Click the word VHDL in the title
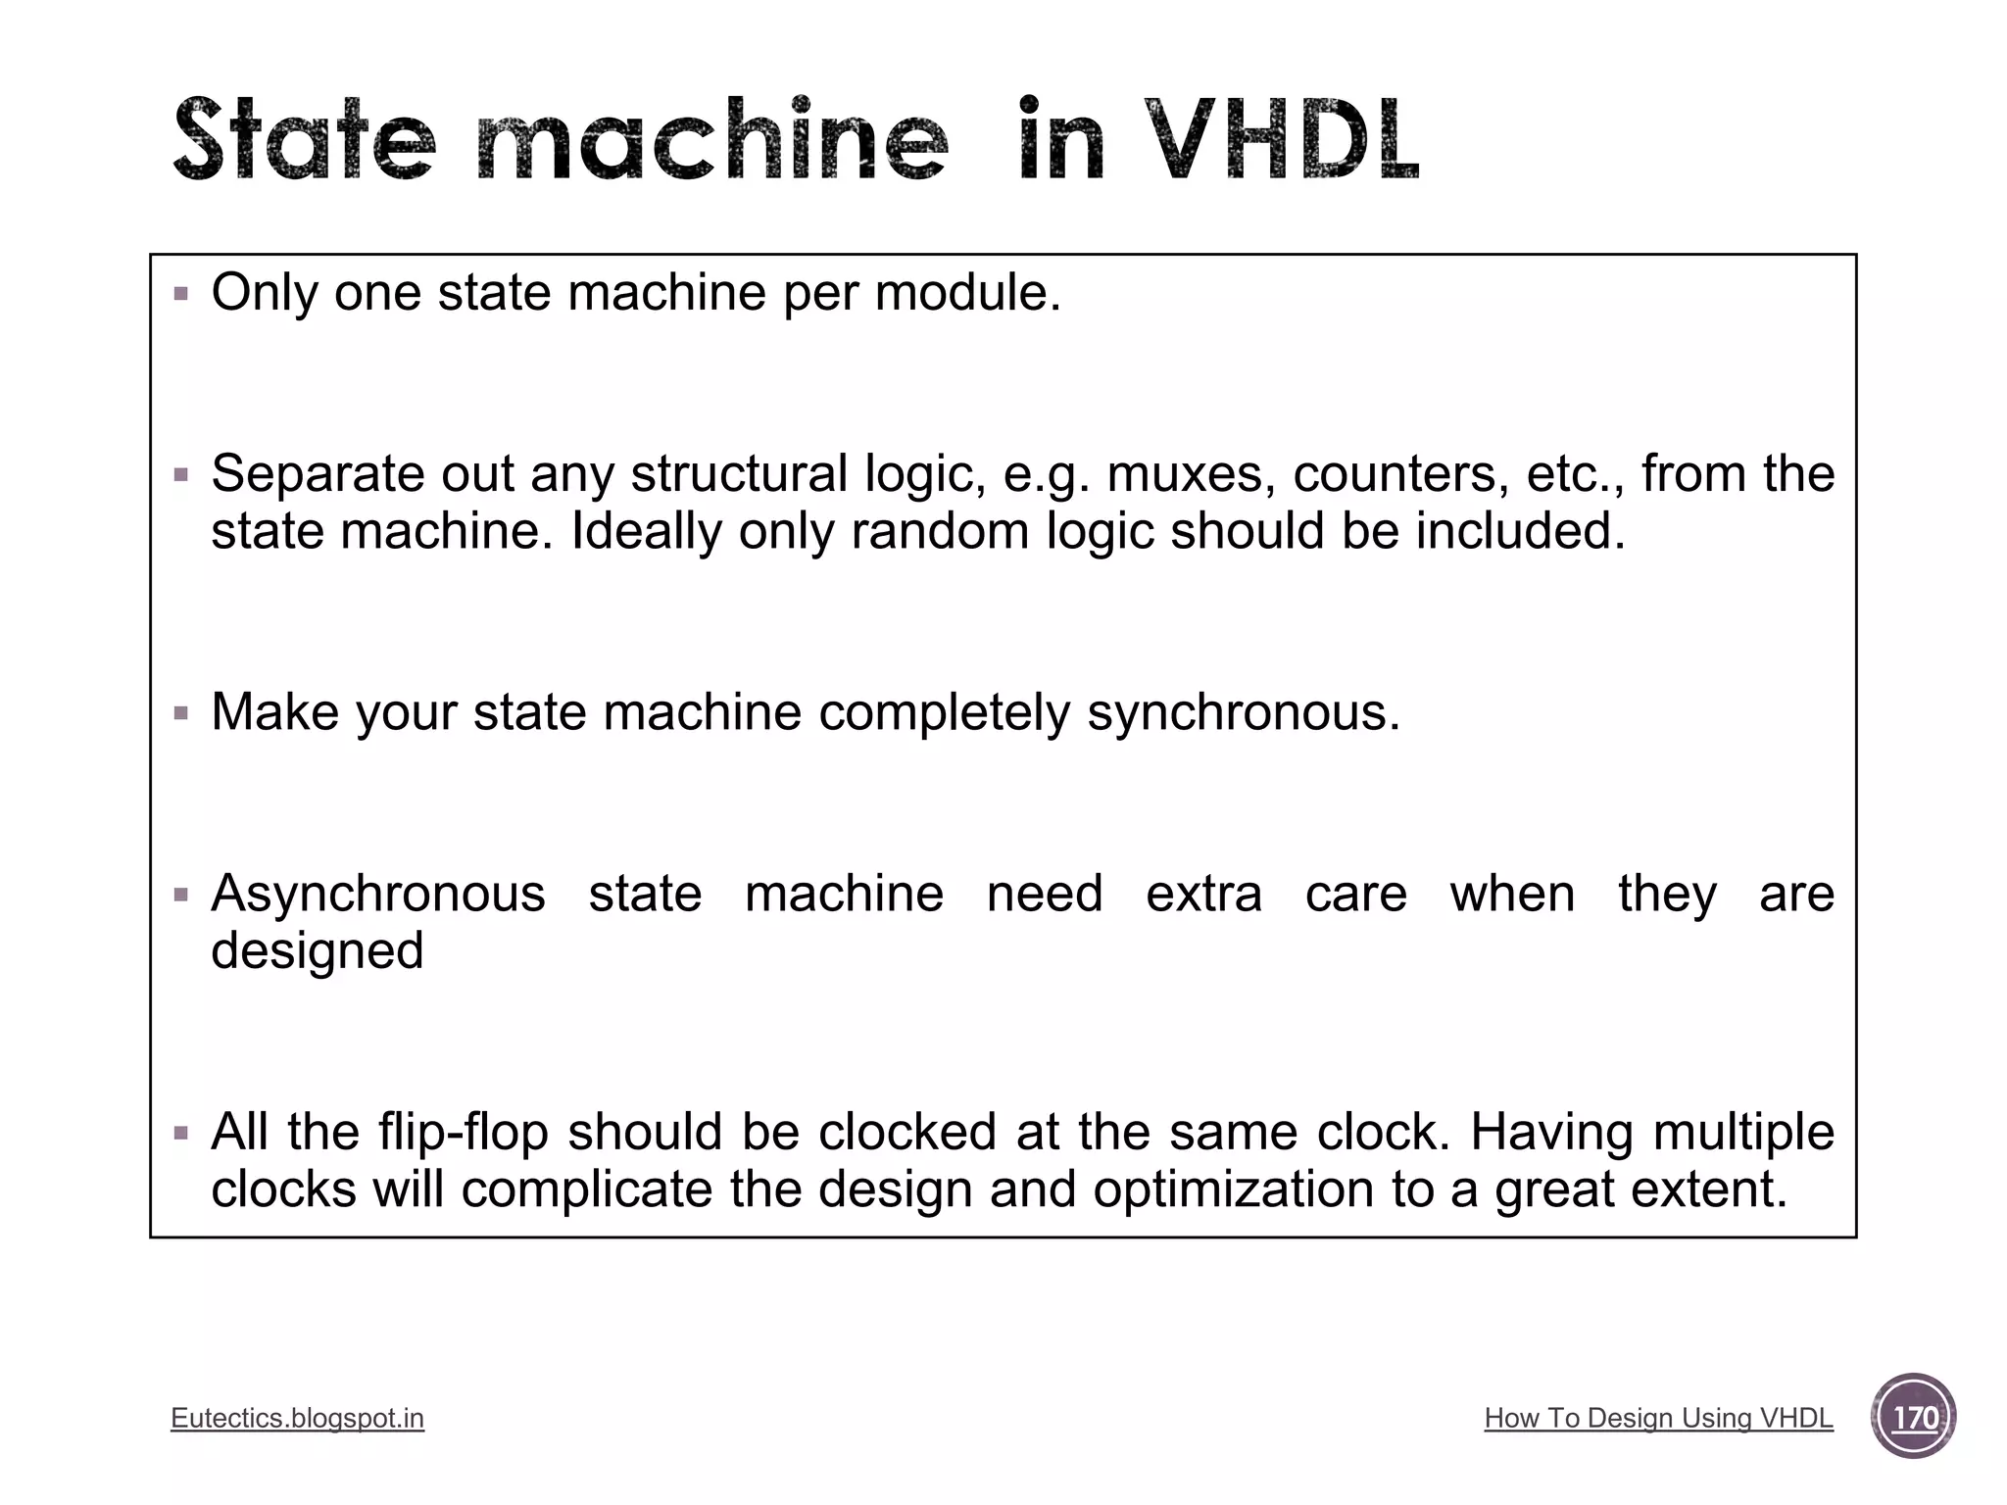1282,140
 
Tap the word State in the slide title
304,140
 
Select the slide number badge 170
1913,1417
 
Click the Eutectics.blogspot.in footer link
297,1418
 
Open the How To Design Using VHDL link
1658,1418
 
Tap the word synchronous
1244,712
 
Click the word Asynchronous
378,894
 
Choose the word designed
318,950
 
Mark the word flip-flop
464,1132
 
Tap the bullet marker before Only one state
180,293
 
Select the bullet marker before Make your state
180,712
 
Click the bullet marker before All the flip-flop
180,1133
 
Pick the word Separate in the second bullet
318,474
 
